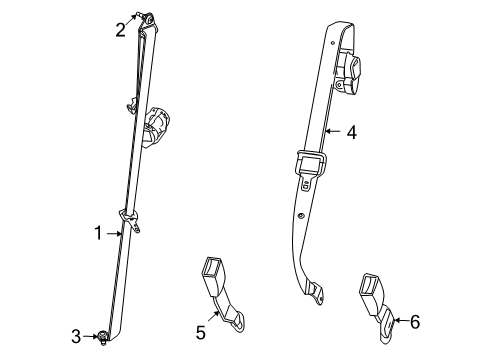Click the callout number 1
point(99,233)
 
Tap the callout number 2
point(120,29)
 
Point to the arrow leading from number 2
point(132,23)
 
